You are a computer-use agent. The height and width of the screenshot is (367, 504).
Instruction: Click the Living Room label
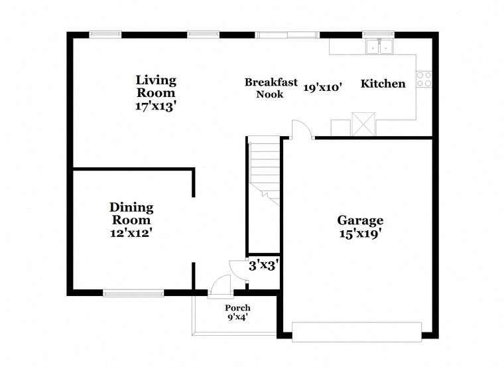coord(157,86)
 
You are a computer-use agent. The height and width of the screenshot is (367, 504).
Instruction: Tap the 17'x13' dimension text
coord(157,106)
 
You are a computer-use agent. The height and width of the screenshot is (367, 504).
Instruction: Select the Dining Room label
coord(131,214)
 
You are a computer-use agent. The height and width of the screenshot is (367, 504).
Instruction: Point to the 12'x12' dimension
coord(131,232)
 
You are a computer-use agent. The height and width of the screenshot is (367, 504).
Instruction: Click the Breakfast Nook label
coord(271,88)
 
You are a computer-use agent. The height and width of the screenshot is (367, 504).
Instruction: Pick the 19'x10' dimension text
coord(323,87)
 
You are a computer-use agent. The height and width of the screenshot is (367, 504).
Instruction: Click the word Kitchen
coord(383,84)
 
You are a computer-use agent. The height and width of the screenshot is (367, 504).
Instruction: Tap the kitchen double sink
coord(379,46)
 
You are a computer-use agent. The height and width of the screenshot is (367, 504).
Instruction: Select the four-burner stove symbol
coord(424,79)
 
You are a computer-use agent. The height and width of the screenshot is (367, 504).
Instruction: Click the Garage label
coord(360,220)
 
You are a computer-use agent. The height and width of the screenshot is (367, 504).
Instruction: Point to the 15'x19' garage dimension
coord(360,234)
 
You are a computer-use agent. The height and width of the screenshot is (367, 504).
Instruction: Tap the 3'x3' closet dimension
coord(263,265)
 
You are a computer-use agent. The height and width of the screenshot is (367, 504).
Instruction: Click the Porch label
coord(237,308)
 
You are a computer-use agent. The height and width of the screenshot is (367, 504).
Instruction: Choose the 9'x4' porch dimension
coord(237,317)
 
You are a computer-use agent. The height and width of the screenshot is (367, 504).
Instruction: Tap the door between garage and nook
coord(302,129)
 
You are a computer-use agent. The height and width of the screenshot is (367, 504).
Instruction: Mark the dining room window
coord(133,293)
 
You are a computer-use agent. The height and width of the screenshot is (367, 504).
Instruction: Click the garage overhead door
coord(357,332)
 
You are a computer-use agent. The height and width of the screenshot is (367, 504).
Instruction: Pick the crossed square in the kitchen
coord(363,124)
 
